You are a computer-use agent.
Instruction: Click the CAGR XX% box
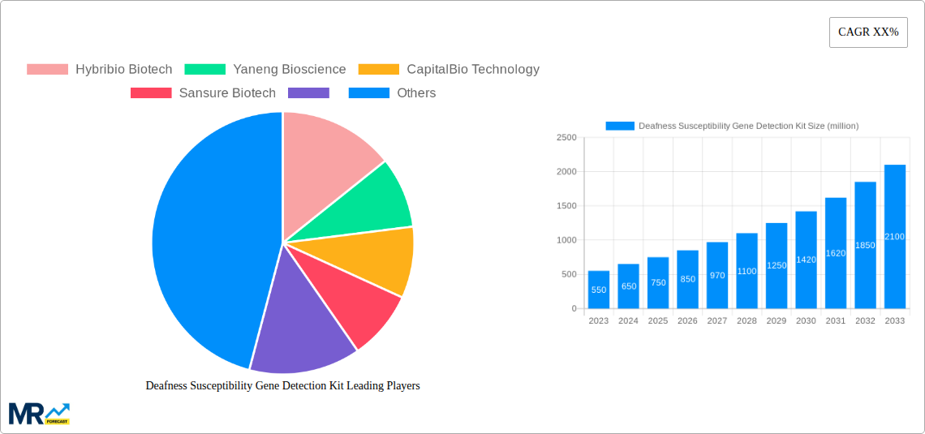pyautogui.click(x=867, y=32)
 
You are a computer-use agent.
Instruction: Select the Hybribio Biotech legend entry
pyautogui.click(x=99, y=70)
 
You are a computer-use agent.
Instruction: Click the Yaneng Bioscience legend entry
pyautogui.click(x=265, y=70)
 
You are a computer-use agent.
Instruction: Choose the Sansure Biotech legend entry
pyautogui.click(x=203, y=93)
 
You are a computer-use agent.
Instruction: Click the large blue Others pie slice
pyautogui.click(x=203, y=243)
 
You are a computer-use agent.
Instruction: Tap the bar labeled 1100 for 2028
pyautogui.click(x=746, y=271)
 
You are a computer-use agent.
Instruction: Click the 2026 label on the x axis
pyautogui.click(x=687, y=321)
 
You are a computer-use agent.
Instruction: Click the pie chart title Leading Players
pyautogui.click(x=282, y=386)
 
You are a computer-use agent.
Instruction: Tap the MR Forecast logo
pyautogui.click(x=39, y=413)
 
